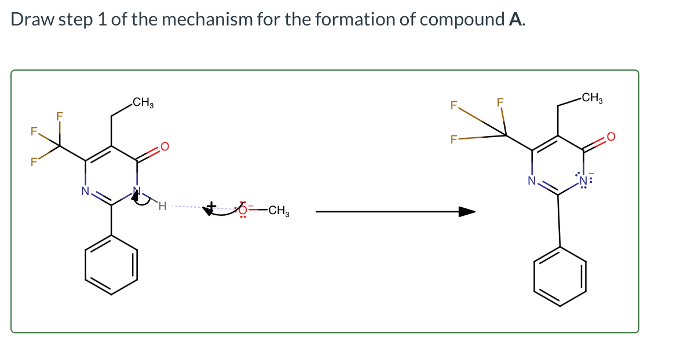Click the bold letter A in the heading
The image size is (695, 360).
pos(515,19)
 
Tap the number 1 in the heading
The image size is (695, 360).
pos(102,19)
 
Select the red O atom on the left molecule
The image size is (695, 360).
pos(164,146)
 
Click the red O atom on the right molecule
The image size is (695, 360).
pos(611,137)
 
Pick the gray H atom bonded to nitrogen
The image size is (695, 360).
pos(162,206)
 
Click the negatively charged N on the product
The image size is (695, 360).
pos(584,180)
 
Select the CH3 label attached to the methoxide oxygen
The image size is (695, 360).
pos(279,210)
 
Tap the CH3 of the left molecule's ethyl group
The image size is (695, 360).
pos(142,102)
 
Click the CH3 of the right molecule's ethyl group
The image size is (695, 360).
pos(592,98)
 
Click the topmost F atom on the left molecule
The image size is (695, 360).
pos(60,116)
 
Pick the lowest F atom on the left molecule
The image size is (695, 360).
pos(34,162)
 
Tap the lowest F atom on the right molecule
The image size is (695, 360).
pos(453,139)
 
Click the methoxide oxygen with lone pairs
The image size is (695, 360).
pos(243,210)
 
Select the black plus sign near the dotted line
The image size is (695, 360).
pos(211,205)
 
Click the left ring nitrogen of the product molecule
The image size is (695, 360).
pos(532,181)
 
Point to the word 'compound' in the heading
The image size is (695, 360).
pos(462,19)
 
